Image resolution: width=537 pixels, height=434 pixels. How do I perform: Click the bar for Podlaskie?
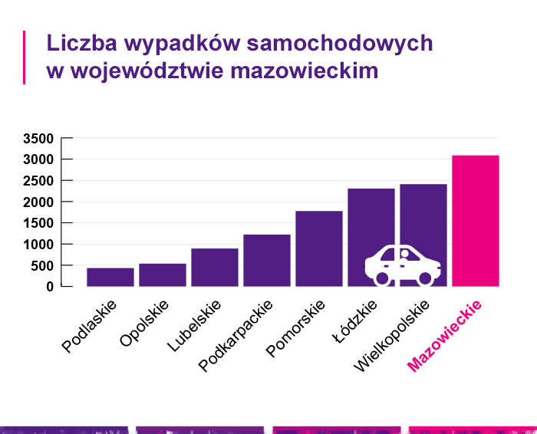(110, 277)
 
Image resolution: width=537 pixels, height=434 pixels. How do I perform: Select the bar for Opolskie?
(163, 275)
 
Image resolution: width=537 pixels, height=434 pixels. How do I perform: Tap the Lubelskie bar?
(215, 267)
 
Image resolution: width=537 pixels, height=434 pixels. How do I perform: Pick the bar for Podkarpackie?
(267, 260)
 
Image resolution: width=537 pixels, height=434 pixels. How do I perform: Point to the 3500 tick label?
(38, 139)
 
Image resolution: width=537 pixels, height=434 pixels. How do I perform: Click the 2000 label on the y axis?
(38, 202)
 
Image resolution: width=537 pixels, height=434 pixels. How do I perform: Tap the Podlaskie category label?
(90, 325)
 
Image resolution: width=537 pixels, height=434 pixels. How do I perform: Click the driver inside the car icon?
(404, 255)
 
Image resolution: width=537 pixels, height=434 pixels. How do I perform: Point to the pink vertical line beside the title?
(25, 57)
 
